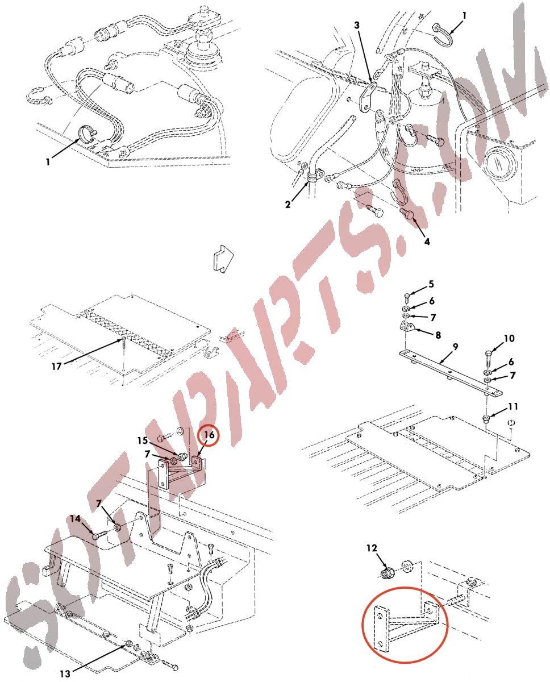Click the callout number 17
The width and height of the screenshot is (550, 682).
[x=56, y=367]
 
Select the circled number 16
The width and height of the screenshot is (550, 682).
[x=209, y=435]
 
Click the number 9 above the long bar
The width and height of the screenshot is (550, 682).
[x=455, y=347]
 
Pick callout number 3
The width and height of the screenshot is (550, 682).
[x=357, y=25]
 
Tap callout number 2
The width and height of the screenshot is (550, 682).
[x=287, y=205]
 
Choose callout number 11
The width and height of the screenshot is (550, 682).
[x=513, y=406]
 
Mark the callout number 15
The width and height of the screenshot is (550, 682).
[x=143, y=441]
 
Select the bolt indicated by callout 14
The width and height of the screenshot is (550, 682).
[x=101, y=535]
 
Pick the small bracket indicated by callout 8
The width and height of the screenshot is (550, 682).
[x=407, y=326]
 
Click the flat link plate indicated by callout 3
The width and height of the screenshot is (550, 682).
[x=368, y=97]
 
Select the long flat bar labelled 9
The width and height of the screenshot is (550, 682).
[x=450, y=373]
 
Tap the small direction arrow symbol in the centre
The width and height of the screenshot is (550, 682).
[x=223, y=258]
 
